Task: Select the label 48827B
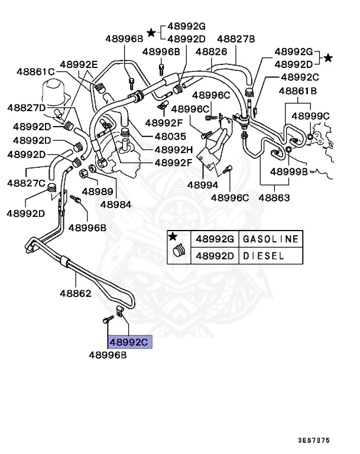pos(235,39)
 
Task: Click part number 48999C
pos(310,116)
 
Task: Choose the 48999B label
pos(288,172)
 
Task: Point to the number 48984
pos(115,205)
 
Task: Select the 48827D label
pos(27,108)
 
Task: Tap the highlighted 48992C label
pos(129,342)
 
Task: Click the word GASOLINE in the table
pos(271,239)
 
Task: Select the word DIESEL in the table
pos(264,256)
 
